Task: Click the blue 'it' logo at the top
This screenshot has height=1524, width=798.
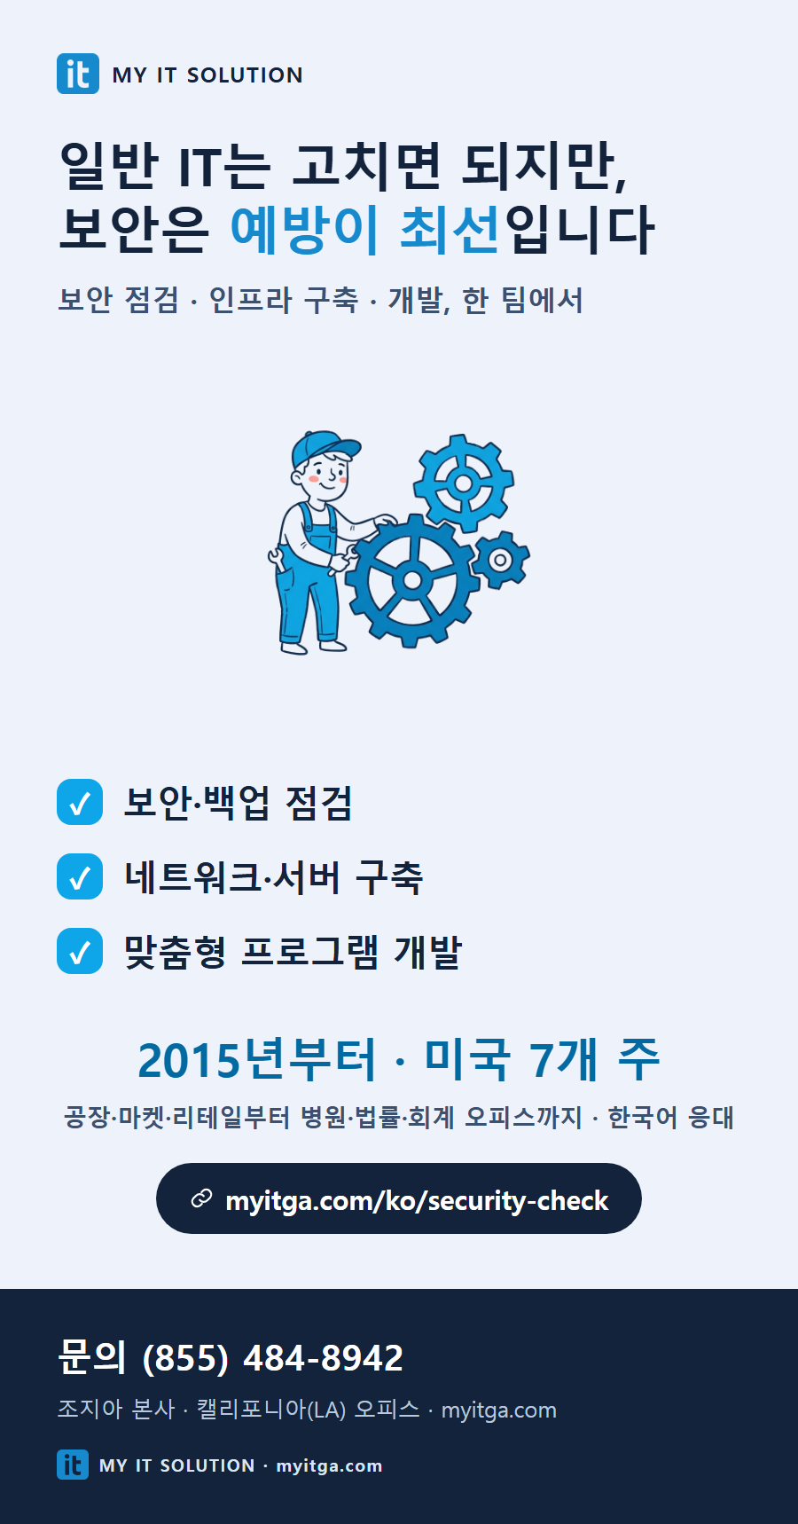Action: point(78,74)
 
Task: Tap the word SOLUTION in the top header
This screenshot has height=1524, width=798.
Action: point(245,75)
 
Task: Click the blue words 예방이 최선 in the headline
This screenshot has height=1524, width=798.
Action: point(366,229)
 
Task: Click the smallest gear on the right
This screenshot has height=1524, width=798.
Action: point(500,560)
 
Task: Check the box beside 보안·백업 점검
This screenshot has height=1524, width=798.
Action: point(80,802)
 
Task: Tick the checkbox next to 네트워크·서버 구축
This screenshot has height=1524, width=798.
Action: point(80,876)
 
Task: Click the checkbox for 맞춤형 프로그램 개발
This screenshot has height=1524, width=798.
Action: point(80,951)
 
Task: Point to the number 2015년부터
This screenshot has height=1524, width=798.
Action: point(257,1059)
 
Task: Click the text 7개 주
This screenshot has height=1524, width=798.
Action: point(595,1059)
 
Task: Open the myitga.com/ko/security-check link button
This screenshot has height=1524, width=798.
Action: point(399,1198)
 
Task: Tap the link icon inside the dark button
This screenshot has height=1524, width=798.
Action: point(202,1199)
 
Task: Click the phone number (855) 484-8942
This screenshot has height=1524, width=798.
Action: point(273,1358)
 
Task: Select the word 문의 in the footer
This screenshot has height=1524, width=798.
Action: point(92,1357)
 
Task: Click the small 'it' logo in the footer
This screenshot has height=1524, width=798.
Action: point(73,1465)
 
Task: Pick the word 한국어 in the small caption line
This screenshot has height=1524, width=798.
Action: point(643,1118)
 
